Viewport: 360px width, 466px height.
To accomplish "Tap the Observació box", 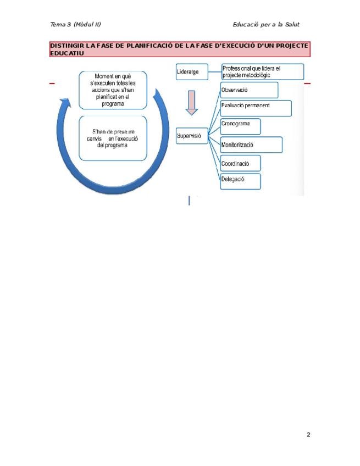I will (x=248, y=90).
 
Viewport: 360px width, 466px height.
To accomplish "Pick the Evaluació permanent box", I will (x=256, y=108).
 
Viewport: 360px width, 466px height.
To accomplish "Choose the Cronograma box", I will (x=240, y=126).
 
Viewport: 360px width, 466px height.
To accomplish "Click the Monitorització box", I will (x=251, y=145).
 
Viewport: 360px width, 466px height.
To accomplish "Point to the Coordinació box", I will (x=240, y=163).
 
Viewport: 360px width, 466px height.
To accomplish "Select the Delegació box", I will (x=240, y=181).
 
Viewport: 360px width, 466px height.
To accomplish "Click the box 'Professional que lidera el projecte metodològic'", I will (x=263, y=71).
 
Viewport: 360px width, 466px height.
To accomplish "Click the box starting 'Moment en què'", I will (x=113, y=90).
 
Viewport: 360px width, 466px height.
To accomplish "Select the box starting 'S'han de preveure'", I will (x=113, y=138).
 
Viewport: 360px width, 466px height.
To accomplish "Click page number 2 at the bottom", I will (x=308, y=435).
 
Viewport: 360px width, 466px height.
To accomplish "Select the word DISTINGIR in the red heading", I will (x=67, y=46).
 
